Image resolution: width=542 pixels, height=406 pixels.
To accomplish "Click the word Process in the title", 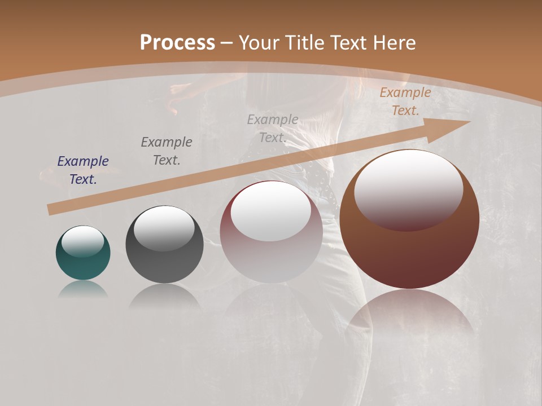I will click(x=177, y=42).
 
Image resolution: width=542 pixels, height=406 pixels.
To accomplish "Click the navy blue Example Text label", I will click(x=83, y=170).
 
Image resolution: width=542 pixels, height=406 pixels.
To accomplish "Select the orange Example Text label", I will click(x=405, y=101).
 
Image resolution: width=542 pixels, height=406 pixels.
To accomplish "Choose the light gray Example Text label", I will click(x=273, y=129).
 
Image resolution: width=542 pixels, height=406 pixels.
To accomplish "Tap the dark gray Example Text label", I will click(x=167, y=151).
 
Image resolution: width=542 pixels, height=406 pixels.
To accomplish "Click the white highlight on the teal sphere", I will click(x=83, y=241).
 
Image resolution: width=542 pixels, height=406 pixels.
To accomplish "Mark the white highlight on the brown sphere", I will click(x=408, y=189).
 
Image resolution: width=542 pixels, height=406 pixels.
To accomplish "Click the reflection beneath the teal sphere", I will click(x=83, y=290).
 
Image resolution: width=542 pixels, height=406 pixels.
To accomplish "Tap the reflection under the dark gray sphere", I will click(x=164, y=297).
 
